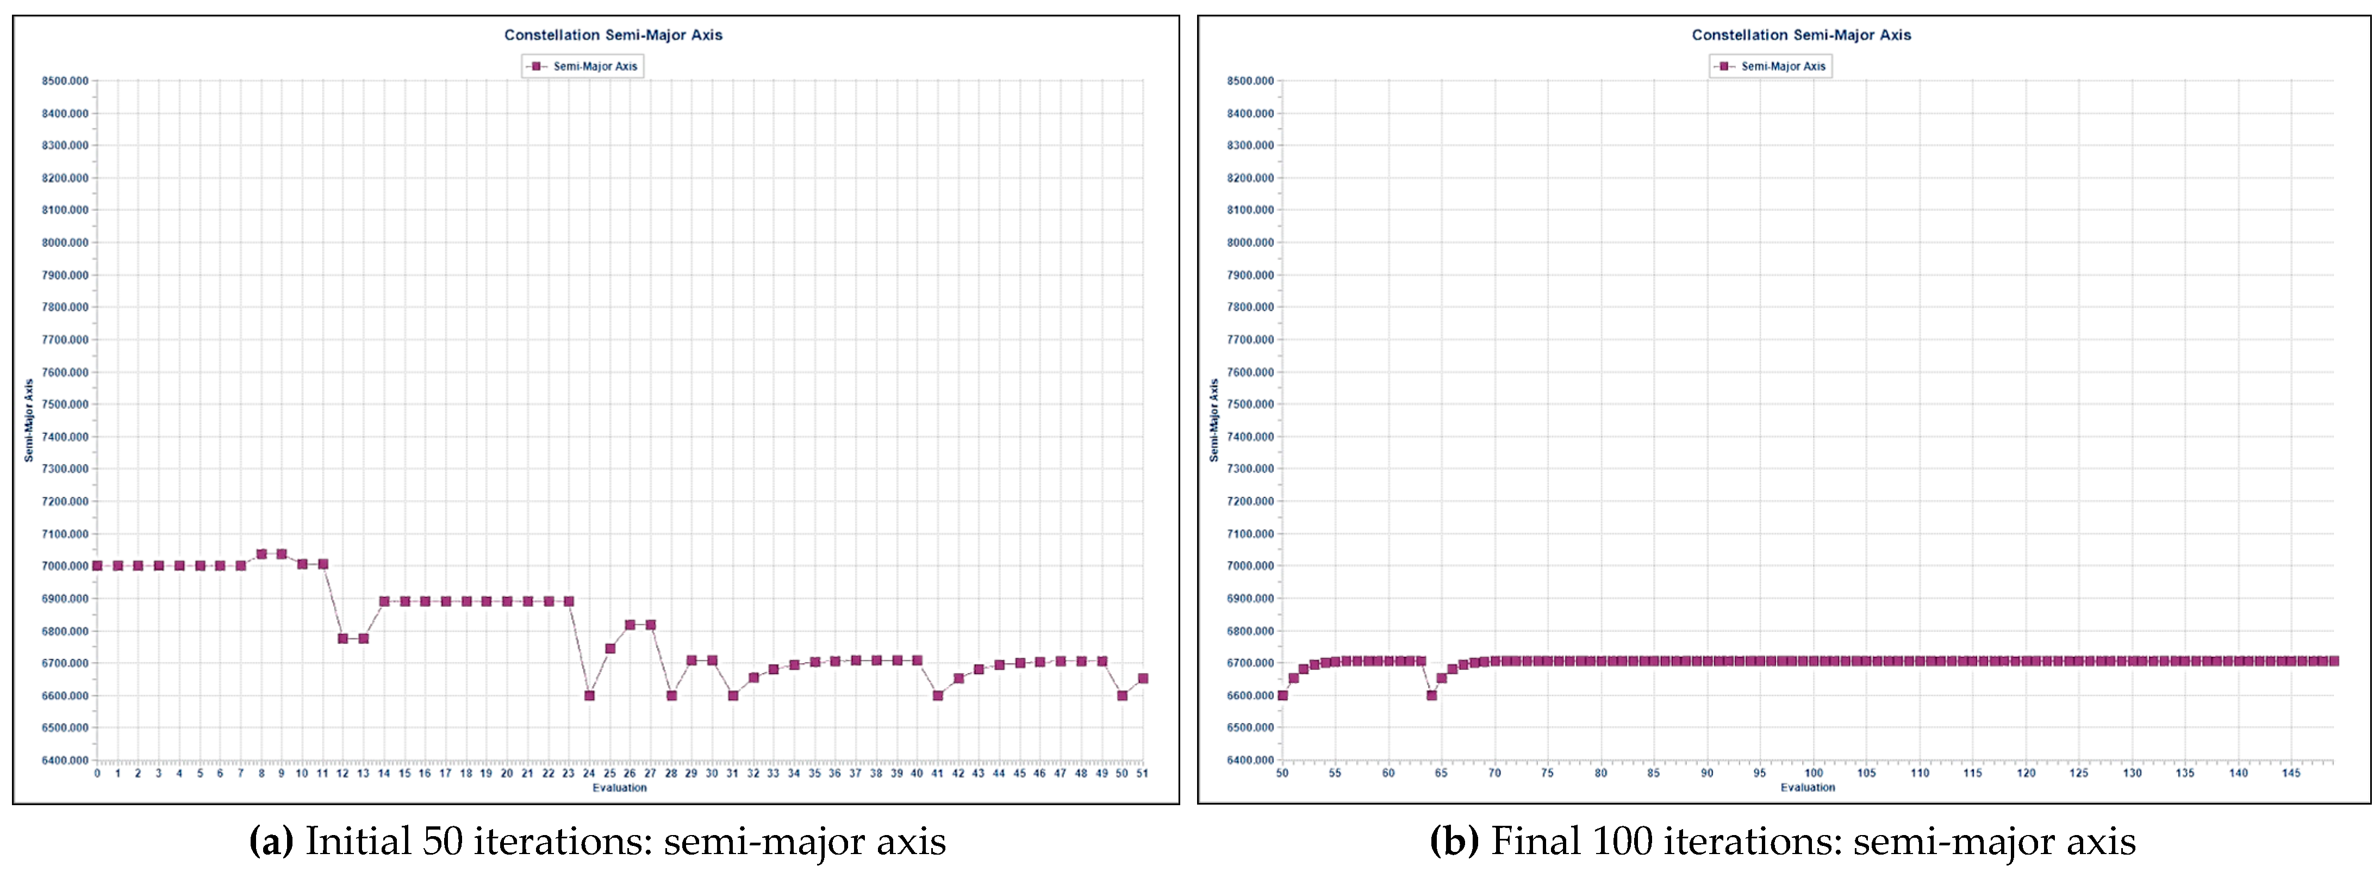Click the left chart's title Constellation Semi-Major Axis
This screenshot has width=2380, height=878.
click(x=613, y=35)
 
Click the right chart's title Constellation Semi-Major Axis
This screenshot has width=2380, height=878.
click(x=1800, y=35)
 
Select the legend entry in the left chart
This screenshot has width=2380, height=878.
click(x=583, y=66)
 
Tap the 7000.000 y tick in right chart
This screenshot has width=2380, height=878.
click(x=1250, y=565)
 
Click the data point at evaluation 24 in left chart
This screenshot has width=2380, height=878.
click(x=589, y=695)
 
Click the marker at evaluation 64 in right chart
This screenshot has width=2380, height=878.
click(x=1431, y=695)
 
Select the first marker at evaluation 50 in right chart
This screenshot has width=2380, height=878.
click(x=1282, y=695)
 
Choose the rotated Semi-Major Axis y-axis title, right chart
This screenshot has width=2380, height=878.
click(x=1214, y=421)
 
